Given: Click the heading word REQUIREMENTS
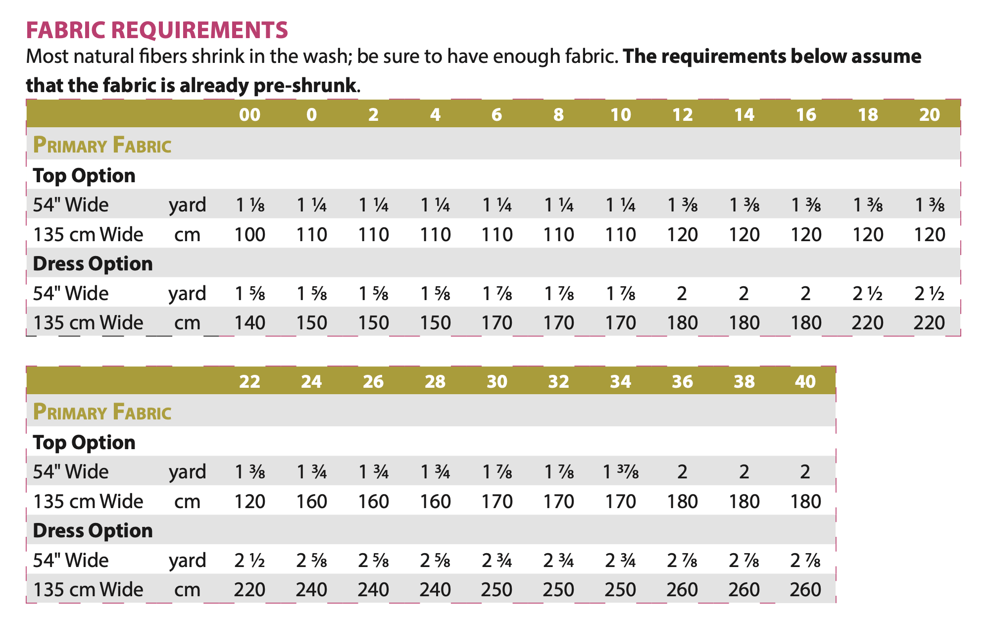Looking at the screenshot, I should click(199, 30).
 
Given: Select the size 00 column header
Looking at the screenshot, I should click(249, 115).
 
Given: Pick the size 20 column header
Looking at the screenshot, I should click(929, 115).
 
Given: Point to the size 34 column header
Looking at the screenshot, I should click(620, 382).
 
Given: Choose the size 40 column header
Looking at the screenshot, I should click(805, 382).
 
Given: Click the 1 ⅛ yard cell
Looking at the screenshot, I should click(249, 205).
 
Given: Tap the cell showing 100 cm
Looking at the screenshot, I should click(249, 234).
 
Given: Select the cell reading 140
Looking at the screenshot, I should click(249, 323).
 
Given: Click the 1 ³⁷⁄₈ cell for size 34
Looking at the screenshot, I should click(621, 472).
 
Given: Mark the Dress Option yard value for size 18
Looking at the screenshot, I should click(868, 294).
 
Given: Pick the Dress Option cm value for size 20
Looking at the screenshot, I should click(929, 323).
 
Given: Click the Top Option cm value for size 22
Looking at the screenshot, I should click(249, 502).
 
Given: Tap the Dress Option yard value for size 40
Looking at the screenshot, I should click(805, 561).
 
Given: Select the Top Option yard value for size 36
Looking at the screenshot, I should click(682, 472).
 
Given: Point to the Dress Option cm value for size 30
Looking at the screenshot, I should click(496, 590).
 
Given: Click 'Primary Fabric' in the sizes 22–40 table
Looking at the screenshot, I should click(102, 412).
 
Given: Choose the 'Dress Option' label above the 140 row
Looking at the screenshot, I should click(93, 264).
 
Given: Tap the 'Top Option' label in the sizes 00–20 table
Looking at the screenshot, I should click(84, 176).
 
